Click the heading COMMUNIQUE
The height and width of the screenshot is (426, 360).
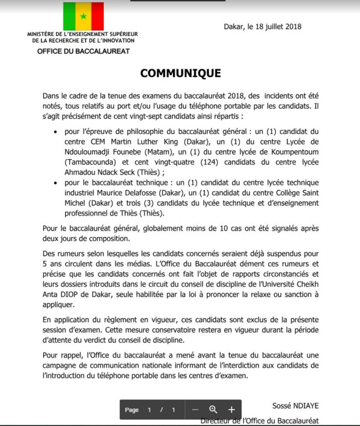point(180,73)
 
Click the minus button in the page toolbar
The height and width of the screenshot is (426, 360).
point(195,409)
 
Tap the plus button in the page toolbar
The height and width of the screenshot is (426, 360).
point(231,409)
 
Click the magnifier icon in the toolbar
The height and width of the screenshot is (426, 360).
point(213,409)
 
